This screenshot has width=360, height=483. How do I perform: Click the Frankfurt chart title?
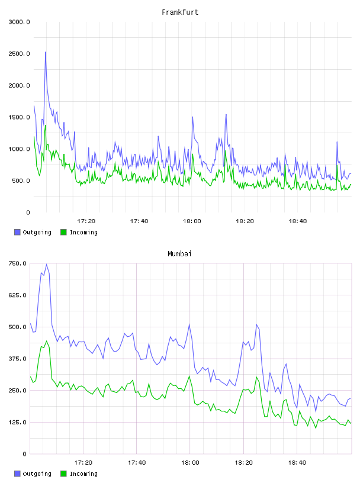coord(180,12)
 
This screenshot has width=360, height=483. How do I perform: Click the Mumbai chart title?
coord(179,253)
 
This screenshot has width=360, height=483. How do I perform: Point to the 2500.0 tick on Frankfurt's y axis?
coord(19,54)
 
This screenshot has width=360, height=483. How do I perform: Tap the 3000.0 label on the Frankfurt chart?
coord(19,22)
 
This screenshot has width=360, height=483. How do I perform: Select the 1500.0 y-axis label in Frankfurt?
coord(19,117)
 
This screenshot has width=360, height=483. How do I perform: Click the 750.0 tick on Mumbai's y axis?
coord(17,263)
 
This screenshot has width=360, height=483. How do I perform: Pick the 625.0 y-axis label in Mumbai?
coord(17,295)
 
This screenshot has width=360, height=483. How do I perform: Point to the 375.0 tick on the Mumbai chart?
coord(17,359)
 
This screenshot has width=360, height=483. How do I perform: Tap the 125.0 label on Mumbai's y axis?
coord(17,422)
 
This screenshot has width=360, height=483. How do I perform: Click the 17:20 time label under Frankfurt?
coord(86,221)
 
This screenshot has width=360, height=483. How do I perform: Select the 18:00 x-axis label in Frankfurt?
coord(192,221)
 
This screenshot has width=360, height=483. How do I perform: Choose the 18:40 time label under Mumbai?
coord(297,462)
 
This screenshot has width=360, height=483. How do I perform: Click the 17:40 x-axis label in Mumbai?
coord(137,462)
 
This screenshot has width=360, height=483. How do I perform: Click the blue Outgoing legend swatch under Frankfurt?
coord(17,232)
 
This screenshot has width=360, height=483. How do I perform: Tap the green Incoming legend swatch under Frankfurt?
coord(63,232)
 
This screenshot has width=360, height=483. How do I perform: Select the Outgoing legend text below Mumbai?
coord(37,474)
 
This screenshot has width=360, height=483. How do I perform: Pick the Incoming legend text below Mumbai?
coord(83,474)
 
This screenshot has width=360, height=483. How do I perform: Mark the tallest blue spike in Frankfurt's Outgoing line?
coord(46,52)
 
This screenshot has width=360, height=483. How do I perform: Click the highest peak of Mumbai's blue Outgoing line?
coord(47,264)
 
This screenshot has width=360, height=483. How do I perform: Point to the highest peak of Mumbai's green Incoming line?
coord(47,341)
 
